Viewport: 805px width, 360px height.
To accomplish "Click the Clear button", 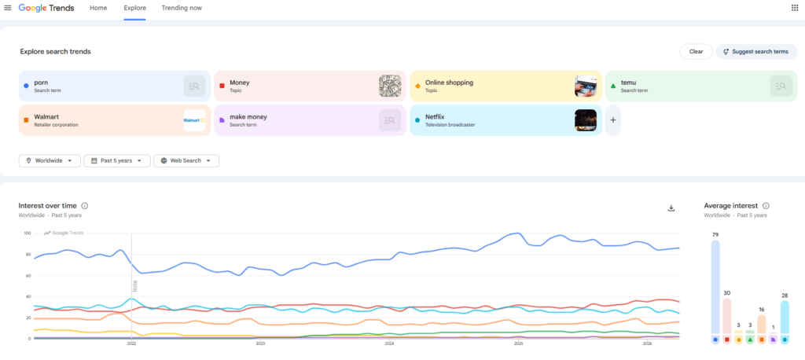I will (696, 51).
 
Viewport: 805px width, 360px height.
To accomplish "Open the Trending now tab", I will (182, 8).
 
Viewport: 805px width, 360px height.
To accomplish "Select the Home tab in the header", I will (98, 8).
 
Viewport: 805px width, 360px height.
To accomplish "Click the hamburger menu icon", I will (8, 8).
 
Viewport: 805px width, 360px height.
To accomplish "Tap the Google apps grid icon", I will (794, 8).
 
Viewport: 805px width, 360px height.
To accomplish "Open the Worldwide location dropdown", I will (50, 160).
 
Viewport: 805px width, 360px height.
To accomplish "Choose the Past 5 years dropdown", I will (116, 160).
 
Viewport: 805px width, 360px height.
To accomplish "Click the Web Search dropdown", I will (186, 160).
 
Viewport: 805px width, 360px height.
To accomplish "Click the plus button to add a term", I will (612, 120).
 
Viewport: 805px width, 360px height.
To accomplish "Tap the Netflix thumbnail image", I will (586, 120).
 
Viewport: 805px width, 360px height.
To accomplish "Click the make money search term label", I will (248, 117).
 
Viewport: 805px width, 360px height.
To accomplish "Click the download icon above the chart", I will (671, 208).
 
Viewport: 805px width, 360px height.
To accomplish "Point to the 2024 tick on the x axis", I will (389, 343).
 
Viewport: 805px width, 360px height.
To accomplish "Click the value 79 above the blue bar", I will (715, 234).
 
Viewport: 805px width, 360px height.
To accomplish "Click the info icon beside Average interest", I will (766, 206).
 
